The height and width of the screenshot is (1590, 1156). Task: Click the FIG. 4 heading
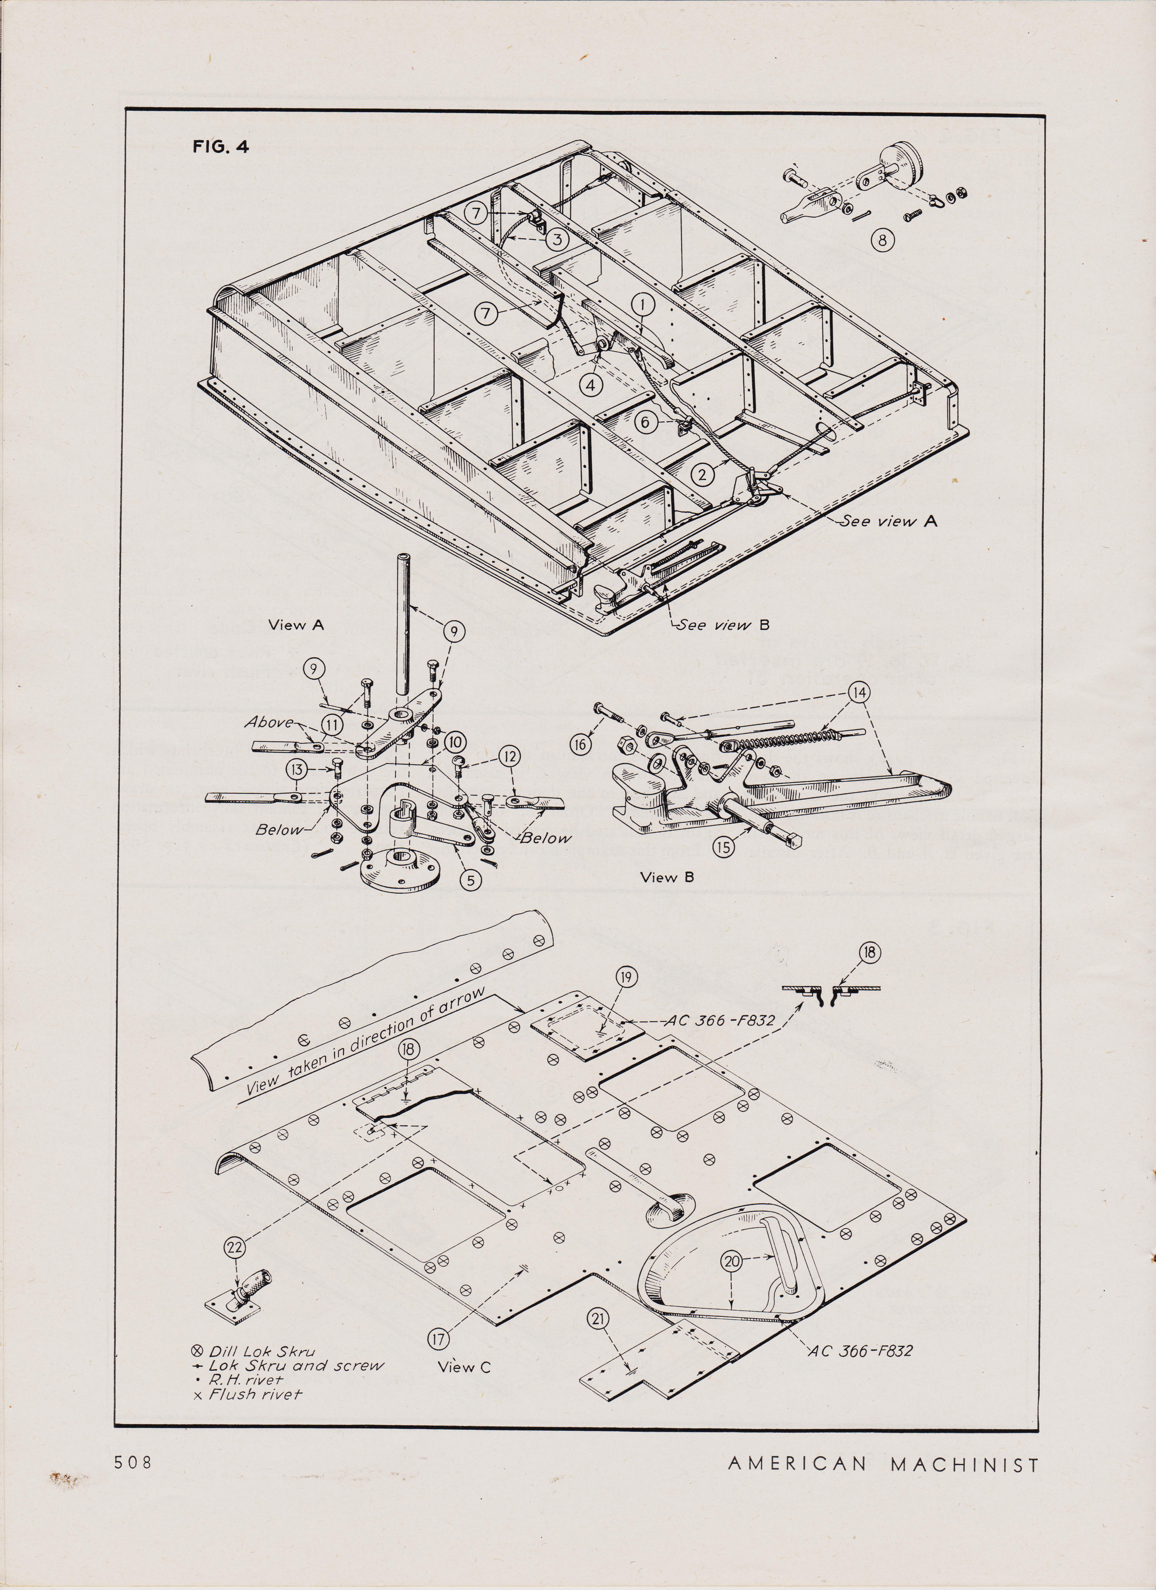tap(220, 147)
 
